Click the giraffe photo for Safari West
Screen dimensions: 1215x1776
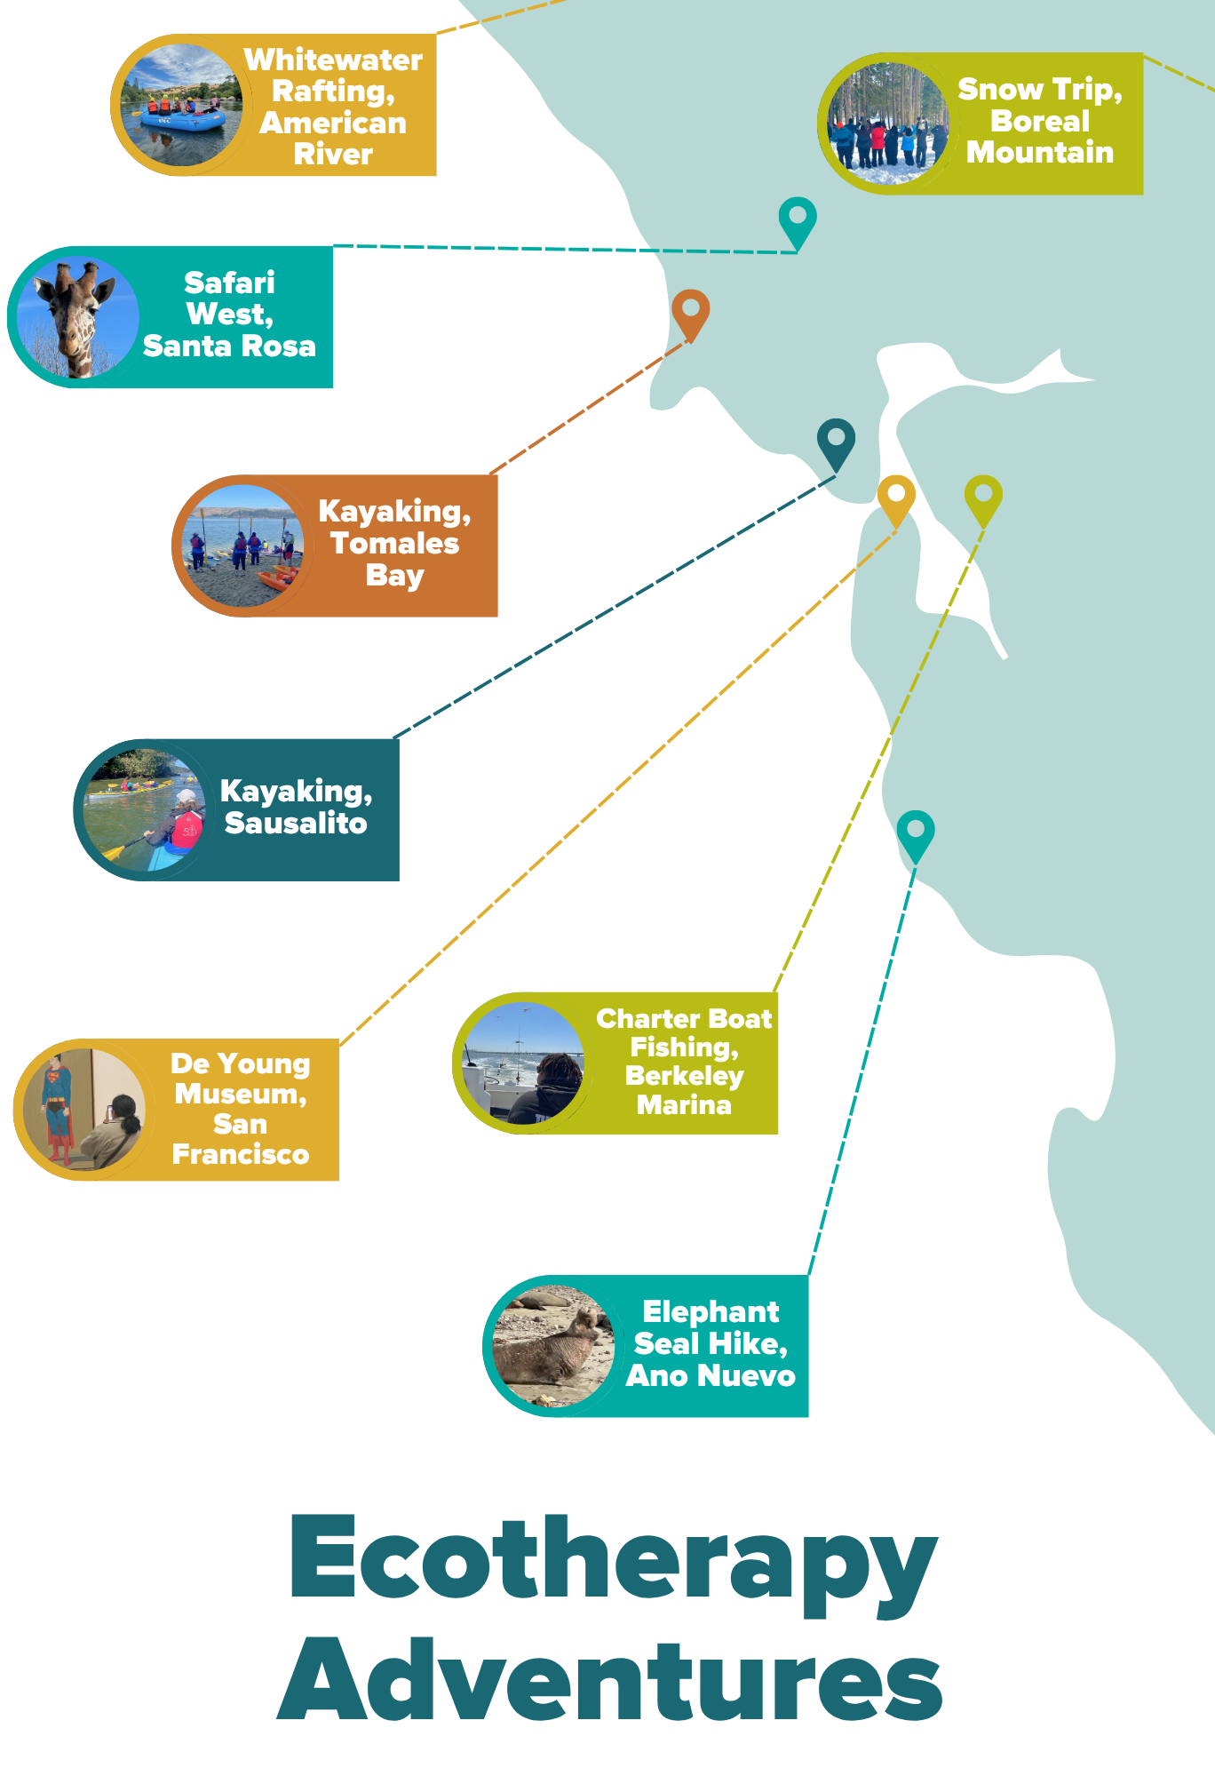[x=77, y=316]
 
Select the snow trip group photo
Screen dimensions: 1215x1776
[x=887, y=123]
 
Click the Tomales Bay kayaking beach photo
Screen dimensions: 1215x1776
[x=242, y=546]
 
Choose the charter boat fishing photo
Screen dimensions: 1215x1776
[x=523, y=1063]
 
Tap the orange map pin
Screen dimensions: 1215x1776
[x=690, y=311]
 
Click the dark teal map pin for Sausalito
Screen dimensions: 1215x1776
[x=836, y=441]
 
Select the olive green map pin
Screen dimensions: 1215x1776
[x=983, y=497]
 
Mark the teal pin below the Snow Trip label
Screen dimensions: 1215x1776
[x=798, y=219]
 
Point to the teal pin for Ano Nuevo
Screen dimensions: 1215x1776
[x=915, y=832]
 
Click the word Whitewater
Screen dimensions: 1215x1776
[x=333, y=60]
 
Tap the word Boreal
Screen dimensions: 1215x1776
[x=1039, y=121]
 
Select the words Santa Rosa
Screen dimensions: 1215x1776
[x=229, y=346]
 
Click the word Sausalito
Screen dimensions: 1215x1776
[x=296, y=823]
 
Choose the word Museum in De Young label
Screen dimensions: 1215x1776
[x=240, y=1094]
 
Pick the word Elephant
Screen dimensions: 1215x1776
[x=711, y=1311]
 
